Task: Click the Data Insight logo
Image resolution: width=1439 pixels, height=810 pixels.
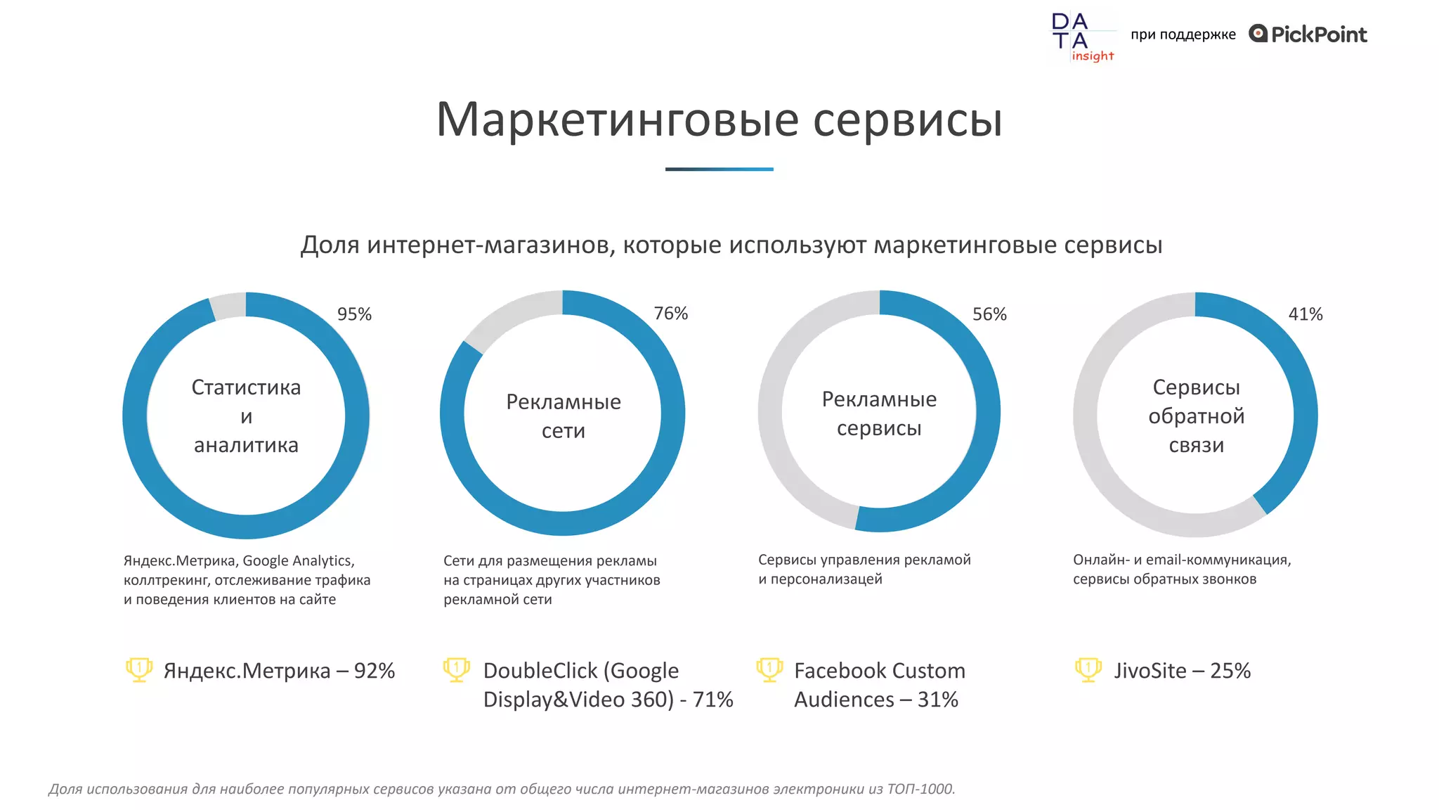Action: coord(1082,37)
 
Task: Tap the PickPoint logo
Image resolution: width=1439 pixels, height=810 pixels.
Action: coord(1308,34)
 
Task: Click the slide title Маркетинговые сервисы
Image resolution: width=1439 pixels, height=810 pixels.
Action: coord(719,120)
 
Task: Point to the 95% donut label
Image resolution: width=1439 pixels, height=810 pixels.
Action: coord(354,314)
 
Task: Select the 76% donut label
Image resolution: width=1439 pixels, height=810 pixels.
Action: coord(670,314)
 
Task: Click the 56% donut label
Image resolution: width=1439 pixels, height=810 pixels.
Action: coord(989,314)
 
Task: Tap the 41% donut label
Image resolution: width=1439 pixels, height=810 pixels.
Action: coord(1305,314)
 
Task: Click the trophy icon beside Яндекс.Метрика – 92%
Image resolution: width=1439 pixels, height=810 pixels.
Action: coord(139,669)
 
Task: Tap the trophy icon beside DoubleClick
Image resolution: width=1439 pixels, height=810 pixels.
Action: coord(457,669)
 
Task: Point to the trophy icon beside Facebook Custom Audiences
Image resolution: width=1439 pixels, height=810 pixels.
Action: coord(769,669)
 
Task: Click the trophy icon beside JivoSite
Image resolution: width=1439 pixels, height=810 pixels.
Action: coord(1088,669)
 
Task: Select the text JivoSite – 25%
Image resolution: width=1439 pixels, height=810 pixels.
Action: coord(1182,671)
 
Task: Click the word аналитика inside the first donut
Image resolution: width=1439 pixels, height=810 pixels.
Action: coord(246,445)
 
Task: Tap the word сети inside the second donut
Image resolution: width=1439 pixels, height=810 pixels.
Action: coord(563,431)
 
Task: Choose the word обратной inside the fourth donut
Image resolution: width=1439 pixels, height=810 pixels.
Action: coord(1196,416)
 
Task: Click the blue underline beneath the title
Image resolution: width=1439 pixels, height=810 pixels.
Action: coord(719,169)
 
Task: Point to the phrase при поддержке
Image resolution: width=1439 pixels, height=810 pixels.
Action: coord(1183,34)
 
